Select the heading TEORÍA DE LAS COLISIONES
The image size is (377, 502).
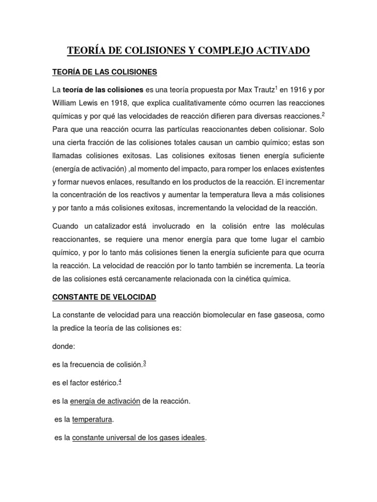[105, 72]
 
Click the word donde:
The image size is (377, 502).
[64, 346]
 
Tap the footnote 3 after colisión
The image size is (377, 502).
[144, 363]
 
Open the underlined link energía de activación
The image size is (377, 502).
[105, 401]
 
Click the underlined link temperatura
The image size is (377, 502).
[92, 420]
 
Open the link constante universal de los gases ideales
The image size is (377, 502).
[138, 437]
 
